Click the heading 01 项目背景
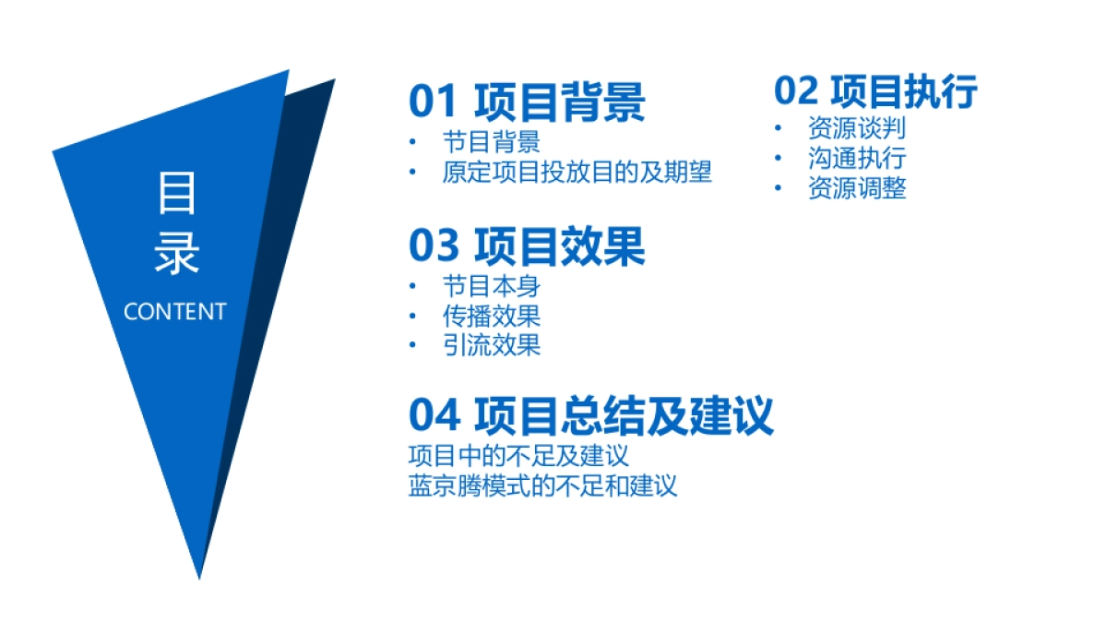point(527,102)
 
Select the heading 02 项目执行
point(875,92)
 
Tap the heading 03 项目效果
point(527,246)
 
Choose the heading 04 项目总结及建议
point(590,415)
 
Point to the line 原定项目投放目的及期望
point(577,173)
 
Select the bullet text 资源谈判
point(856,127)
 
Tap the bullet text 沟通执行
point(856,158)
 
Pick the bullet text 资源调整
point(856,188)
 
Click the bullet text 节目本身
point(491,286)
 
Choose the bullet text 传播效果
point(491,316)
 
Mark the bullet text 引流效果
point(491,345)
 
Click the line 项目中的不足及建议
point(518,456)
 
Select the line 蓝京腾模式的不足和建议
point(542,485)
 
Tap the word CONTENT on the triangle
point(174,312)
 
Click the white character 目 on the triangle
point(175,196)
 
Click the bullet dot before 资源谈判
point(780,128)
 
